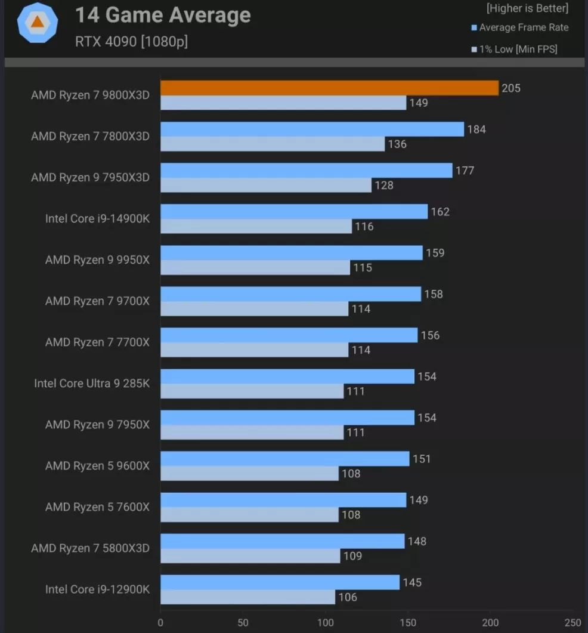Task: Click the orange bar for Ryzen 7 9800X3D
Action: [329, 88]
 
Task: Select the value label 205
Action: [511, 88]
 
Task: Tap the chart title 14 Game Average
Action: [163, 16]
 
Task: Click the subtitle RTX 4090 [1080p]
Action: [131, 42]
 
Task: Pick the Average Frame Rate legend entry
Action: [519, 27]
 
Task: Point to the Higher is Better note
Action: [527, 8]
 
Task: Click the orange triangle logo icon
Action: [37, 22]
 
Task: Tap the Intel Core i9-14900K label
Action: [97, 219]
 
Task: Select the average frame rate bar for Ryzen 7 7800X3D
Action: [312, 129]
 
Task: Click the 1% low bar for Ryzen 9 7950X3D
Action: [266, 185]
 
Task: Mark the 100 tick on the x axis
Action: [326, 622]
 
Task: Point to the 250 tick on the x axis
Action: [573, 622]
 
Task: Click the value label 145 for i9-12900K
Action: [412, 582]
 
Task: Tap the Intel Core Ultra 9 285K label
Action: [92, 384]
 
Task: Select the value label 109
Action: [352, 556]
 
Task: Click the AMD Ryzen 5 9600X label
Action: [97, 466]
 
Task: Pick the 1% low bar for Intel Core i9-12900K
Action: [247, 597]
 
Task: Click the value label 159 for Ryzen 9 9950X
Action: [435, 253]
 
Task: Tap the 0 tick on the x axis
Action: [160, 622]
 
